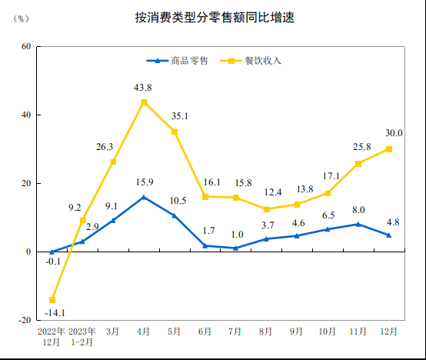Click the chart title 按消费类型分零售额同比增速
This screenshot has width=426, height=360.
click(213, 16)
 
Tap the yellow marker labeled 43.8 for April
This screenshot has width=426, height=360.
click(144, 102)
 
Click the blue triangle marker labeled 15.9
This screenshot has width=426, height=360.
click(144, 198)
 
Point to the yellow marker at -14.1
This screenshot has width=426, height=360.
click(52, 300)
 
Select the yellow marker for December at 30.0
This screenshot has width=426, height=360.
click(388, 149)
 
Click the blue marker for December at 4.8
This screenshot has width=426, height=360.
click(388, 235)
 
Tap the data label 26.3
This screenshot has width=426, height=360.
click(105, 146)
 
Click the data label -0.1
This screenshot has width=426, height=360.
click(52, 262)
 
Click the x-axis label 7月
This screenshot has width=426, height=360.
click(235, 332)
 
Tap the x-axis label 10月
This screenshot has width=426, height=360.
click(327, 332)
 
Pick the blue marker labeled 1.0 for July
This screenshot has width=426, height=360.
click(235, 248)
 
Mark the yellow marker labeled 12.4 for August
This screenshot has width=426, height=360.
click(266, 209)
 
